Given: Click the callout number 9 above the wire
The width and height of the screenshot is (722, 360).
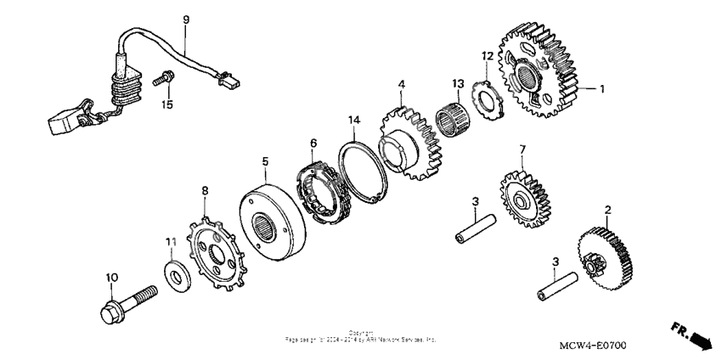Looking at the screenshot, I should [186, 19].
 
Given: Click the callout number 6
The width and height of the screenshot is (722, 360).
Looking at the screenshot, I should [313, 143].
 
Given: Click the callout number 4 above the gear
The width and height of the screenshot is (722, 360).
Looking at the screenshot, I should [402, 83].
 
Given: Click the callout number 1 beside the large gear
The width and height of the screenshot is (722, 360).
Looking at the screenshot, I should [601, 88].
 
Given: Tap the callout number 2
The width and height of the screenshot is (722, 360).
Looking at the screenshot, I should [606, 210].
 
